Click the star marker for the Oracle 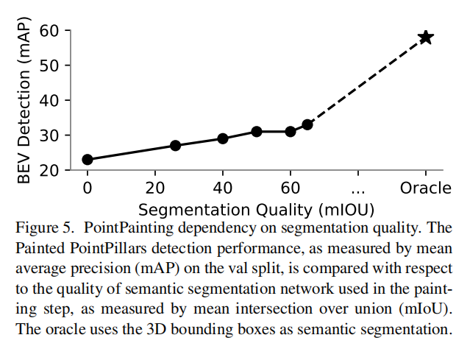click(425, 38)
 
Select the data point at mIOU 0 click(88, 159)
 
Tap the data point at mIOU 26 click(175, 146)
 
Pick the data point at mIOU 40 click(223, 138)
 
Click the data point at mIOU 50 click(257, 132)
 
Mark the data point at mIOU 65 click(307, 124)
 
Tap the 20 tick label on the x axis click(155, 188)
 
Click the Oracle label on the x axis click(425, 188)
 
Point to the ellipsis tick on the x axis click(358, 188)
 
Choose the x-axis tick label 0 click(88, 188)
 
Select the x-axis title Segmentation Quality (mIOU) click(255, 208)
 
